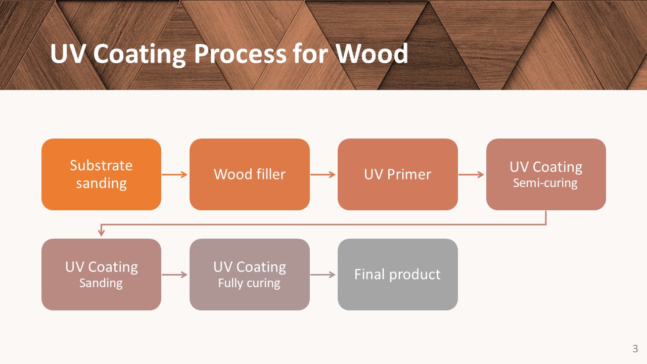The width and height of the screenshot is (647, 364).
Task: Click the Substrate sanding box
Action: (102, 174)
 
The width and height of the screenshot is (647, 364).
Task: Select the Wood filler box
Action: (250, 174)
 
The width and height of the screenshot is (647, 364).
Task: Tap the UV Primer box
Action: (398, 174)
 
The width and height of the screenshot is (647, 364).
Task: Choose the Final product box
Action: (398, 275)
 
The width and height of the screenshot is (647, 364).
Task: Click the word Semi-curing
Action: (545, 183)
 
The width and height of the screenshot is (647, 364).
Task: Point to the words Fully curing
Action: (249, 283)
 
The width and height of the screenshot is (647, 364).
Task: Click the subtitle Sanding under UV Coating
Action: (101, 283)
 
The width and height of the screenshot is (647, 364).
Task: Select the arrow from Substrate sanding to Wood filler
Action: (175, 174)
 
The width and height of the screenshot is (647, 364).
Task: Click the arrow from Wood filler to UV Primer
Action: (323, 174)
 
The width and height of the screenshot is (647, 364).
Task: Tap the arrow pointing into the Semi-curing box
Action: (471, 174)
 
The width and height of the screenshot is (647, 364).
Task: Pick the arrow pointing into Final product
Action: (323, 275)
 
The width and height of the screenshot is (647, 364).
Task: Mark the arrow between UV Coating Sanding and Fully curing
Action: (175, 275)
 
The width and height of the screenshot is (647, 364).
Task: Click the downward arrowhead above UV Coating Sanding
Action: (101, 233)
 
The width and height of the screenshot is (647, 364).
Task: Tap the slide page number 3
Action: (635, 349)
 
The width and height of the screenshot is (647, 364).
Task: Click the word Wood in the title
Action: (372, 54)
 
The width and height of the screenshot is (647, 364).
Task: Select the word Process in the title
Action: (240, 54)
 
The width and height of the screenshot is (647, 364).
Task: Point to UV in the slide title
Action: (68, 54)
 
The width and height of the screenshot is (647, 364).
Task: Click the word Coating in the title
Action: (139, 55)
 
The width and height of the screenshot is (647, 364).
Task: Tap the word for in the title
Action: (310, 54)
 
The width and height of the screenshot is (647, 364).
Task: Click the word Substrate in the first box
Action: (101, 165)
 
